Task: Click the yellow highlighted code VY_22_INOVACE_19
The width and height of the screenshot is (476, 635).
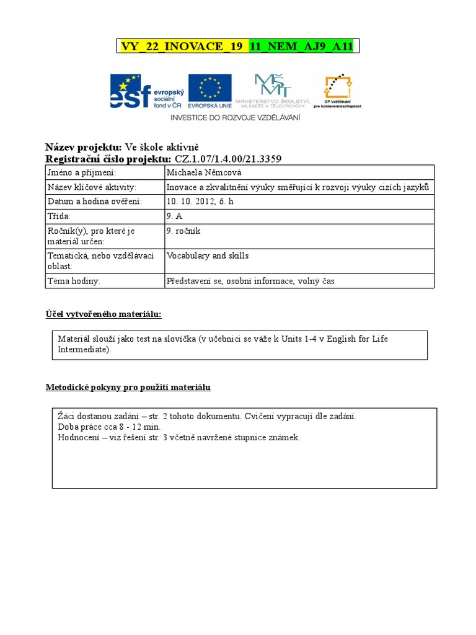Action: click(182, 47)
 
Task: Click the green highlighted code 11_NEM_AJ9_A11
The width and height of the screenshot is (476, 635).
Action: click(301, 47)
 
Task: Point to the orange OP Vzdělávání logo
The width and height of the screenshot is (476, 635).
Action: click(338, 91)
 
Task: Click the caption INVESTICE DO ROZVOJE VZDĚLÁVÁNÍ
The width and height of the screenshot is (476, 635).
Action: click(235, 117)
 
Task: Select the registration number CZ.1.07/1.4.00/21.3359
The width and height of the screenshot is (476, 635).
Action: click(227, 159)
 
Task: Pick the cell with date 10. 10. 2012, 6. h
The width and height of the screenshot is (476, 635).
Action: click(200, 202)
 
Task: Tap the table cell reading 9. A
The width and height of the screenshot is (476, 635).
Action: click(174, 216)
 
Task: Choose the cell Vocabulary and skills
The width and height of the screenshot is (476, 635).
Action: click(208, 255)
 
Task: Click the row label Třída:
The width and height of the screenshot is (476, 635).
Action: click(59, 216)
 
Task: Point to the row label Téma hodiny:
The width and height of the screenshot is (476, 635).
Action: click(74, 281)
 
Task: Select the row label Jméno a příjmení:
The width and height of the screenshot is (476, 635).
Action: click(82, 172)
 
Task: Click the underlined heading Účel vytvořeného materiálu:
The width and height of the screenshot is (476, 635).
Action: click(104, 314)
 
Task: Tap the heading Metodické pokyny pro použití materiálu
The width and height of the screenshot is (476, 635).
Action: click(128, 388)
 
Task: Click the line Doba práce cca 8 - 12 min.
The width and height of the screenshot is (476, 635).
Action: click(109, 427)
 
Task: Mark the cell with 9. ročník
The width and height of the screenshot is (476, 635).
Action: click(183, 231)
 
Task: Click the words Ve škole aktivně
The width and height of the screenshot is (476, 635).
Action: click(161, 147)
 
